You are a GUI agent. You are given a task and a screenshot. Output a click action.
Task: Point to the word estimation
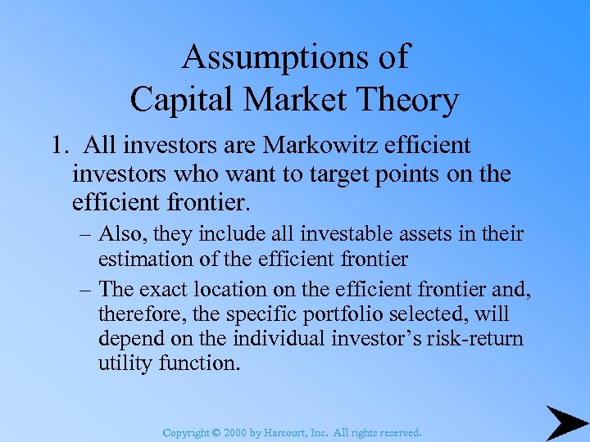[x=142, y=259]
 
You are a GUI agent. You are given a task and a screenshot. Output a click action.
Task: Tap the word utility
[x=123, y=362]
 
